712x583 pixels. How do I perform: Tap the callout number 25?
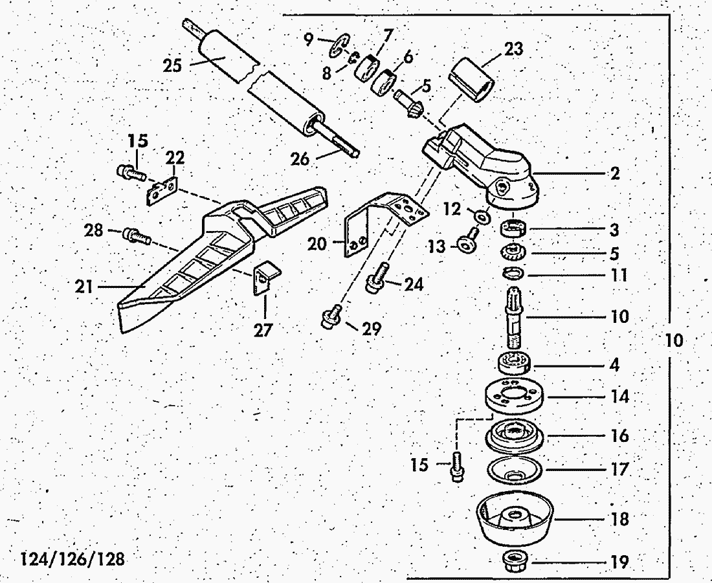173,66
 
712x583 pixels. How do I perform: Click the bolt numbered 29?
330,316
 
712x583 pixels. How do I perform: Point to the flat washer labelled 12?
482,216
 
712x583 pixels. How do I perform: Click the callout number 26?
300,159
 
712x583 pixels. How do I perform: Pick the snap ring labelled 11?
513,274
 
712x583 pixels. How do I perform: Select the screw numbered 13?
469,241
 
